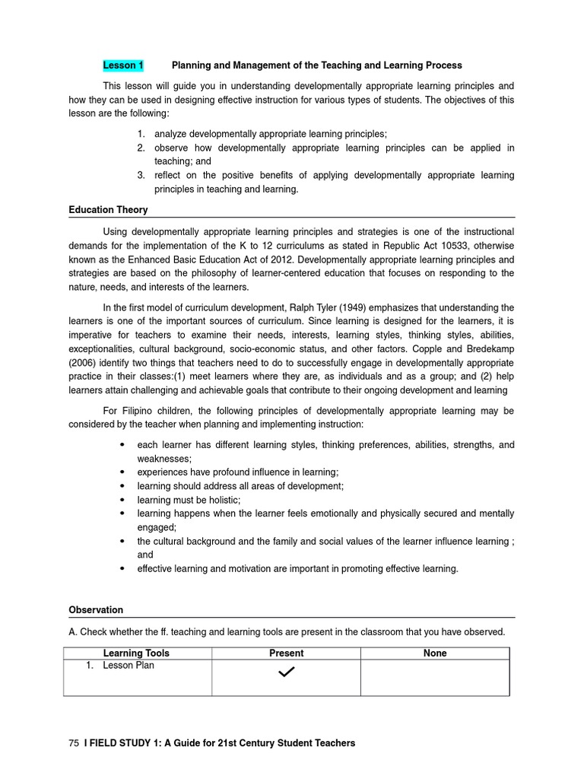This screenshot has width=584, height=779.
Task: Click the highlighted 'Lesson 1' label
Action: pos(123,65)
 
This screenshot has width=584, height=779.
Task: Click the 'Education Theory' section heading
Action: pos(108,209)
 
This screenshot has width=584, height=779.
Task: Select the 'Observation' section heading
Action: pos(96,609)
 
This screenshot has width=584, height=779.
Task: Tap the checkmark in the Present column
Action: pos(286,672)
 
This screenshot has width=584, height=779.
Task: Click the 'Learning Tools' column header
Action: pos(136,653)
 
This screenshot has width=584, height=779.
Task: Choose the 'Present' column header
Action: pos(286,653)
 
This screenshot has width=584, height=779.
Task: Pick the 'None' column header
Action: pos(435,653)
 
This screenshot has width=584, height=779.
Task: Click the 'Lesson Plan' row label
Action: pos(128,666)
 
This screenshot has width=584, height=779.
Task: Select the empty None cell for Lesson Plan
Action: pos(435,677)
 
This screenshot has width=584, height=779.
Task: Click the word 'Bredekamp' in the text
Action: pos(491,349)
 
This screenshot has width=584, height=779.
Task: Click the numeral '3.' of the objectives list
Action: pos(141,176)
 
